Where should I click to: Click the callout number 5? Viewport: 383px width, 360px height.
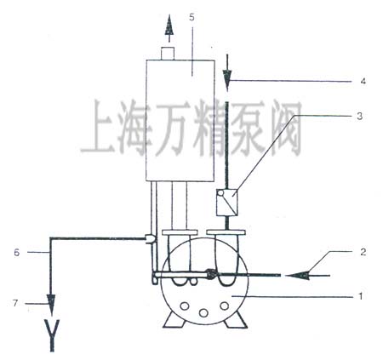pyautogui.click(x=191, y=17)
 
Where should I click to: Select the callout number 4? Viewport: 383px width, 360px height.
pyautogui.click(x=363, y=81)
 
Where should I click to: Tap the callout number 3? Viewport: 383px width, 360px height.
pyautogui.click(x=359, y=116)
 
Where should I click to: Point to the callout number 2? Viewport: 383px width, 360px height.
pyautogui.click(x=363, y=252)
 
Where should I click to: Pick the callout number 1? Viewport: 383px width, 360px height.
pyautogui.click(x=361, y=296)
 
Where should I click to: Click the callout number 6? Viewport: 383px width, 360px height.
pyautogui.click(x=17, y=253)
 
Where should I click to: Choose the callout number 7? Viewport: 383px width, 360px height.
pyautogui.click(x=15, y=303)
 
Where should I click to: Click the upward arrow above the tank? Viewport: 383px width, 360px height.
pyautogui.click(x=169, y=28)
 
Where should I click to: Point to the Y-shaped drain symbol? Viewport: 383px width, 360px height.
pyautogui.click(x=52, y=335)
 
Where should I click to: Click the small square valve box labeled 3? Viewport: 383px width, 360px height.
pyautogui.click(x=226, y=203)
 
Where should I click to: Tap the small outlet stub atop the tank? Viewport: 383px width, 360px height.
pyautogui.click(x=168, y=54)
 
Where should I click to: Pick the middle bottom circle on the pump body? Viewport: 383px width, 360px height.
pyautogui.click(x=203, y=312)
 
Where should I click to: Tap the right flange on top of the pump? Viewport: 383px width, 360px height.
pyautogui.click(x=226, y=232)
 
